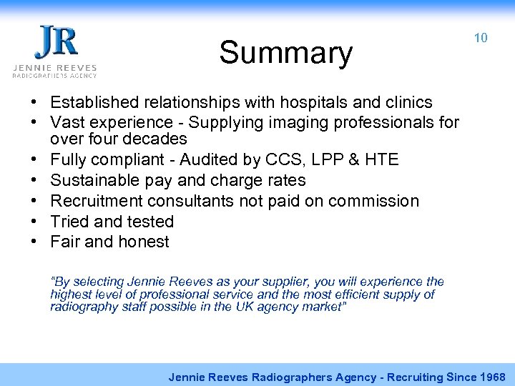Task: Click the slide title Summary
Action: [285, 53]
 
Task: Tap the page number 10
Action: [481, 38]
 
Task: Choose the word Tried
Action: [70, 222]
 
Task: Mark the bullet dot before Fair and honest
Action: [34, 242]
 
